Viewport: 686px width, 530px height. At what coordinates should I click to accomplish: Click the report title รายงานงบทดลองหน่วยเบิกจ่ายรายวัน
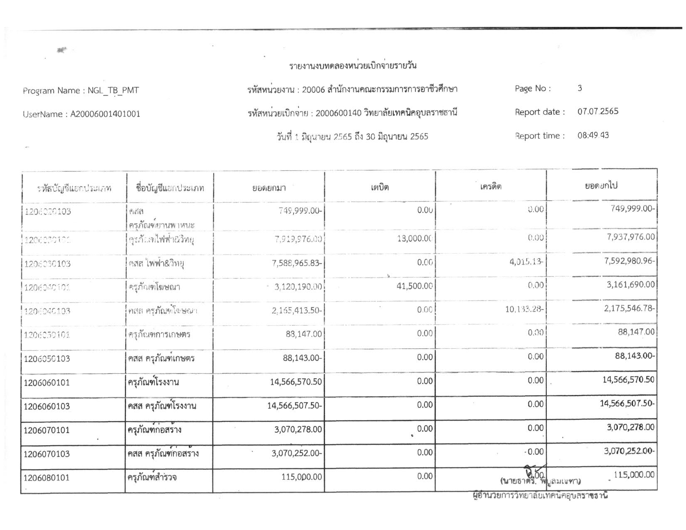(353, 66)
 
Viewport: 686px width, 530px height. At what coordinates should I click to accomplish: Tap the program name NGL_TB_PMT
(113, 91)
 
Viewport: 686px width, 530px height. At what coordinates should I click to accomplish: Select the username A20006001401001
(105, 114)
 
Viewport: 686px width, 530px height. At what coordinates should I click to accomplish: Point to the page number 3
(580, 88)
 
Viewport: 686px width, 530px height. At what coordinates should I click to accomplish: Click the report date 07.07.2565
(597, 111)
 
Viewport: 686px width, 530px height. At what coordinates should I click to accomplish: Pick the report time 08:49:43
(593, 136)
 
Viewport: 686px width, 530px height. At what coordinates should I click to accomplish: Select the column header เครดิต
(491, 187)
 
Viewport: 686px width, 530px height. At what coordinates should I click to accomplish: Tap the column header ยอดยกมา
(269, 188)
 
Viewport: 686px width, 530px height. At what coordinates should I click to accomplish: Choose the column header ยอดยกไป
(601, 186)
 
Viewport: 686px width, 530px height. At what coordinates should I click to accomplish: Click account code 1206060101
(47, 382)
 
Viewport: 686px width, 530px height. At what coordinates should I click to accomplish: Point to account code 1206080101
(47, 478)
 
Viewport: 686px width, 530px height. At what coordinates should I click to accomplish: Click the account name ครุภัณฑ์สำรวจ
(152, 477)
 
